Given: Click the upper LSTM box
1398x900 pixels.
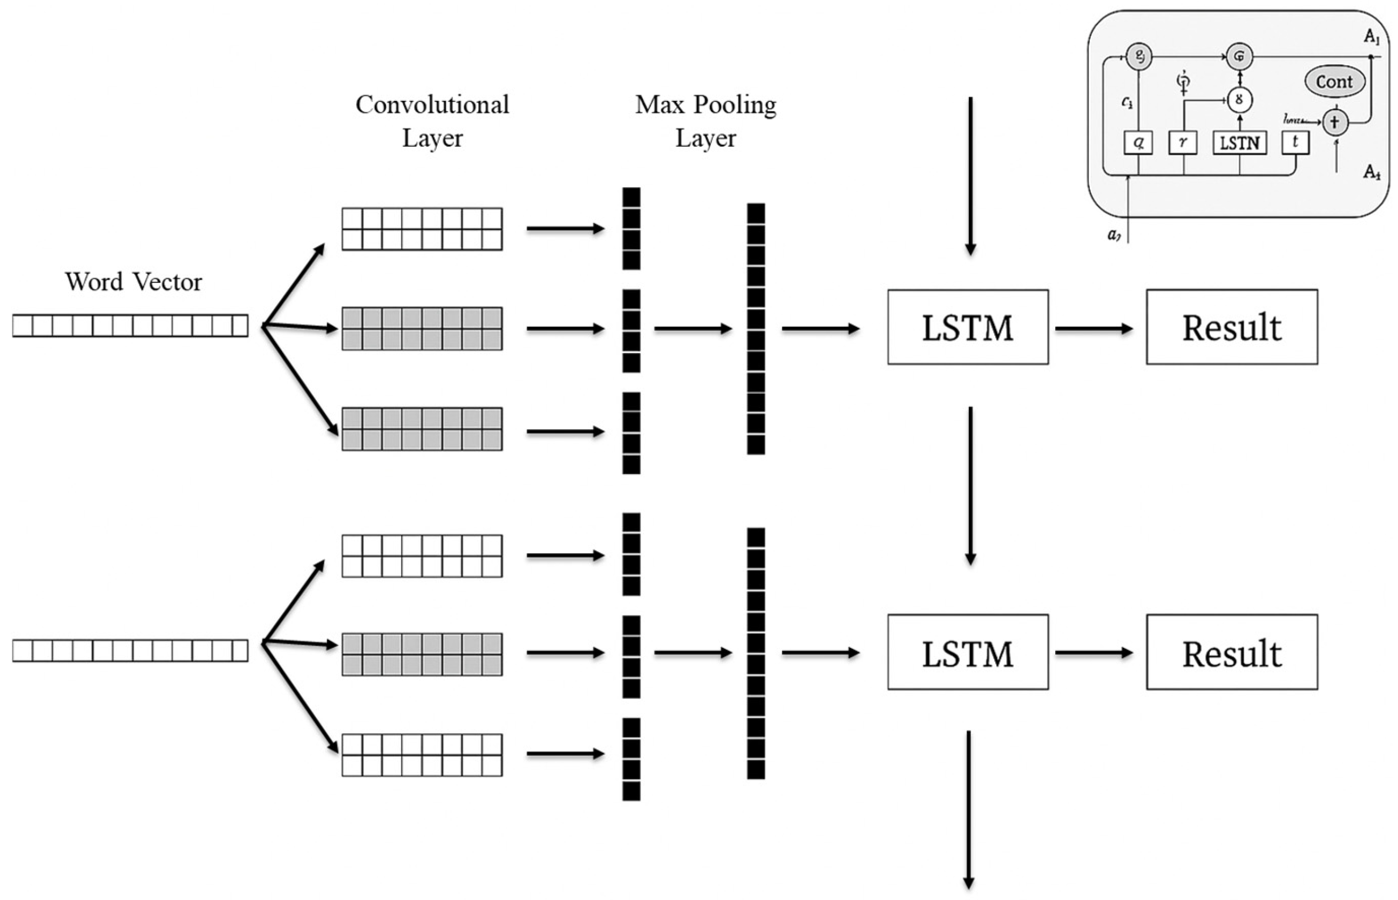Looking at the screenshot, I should [967, 327].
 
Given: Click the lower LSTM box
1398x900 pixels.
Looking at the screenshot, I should [967, 652].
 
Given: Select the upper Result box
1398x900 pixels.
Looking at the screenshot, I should [1232, 327].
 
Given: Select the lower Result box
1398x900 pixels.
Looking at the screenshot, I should [1232, 652].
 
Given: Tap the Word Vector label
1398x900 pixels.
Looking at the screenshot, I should [133, 282].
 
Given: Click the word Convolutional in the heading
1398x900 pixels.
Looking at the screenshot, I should [432, 105].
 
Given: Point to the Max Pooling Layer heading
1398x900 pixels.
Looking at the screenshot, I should [705, 121].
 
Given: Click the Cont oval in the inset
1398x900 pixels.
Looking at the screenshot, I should [1334, 82].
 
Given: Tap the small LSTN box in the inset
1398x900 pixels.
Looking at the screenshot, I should [1239, 143].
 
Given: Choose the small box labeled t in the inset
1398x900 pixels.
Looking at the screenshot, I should [1295, 142].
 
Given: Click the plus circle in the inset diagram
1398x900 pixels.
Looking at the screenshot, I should [1334, 122].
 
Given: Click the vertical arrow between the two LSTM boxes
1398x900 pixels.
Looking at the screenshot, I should [971, 485].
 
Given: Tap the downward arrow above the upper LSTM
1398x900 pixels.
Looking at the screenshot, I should [971, 175].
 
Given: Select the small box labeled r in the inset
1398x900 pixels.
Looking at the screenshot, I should [1183, 142].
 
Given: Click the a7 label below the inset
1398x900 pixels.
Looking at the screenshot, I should [1114, 235].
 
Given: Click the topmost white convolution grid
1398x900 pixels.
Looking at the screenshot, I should [422, 229].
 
